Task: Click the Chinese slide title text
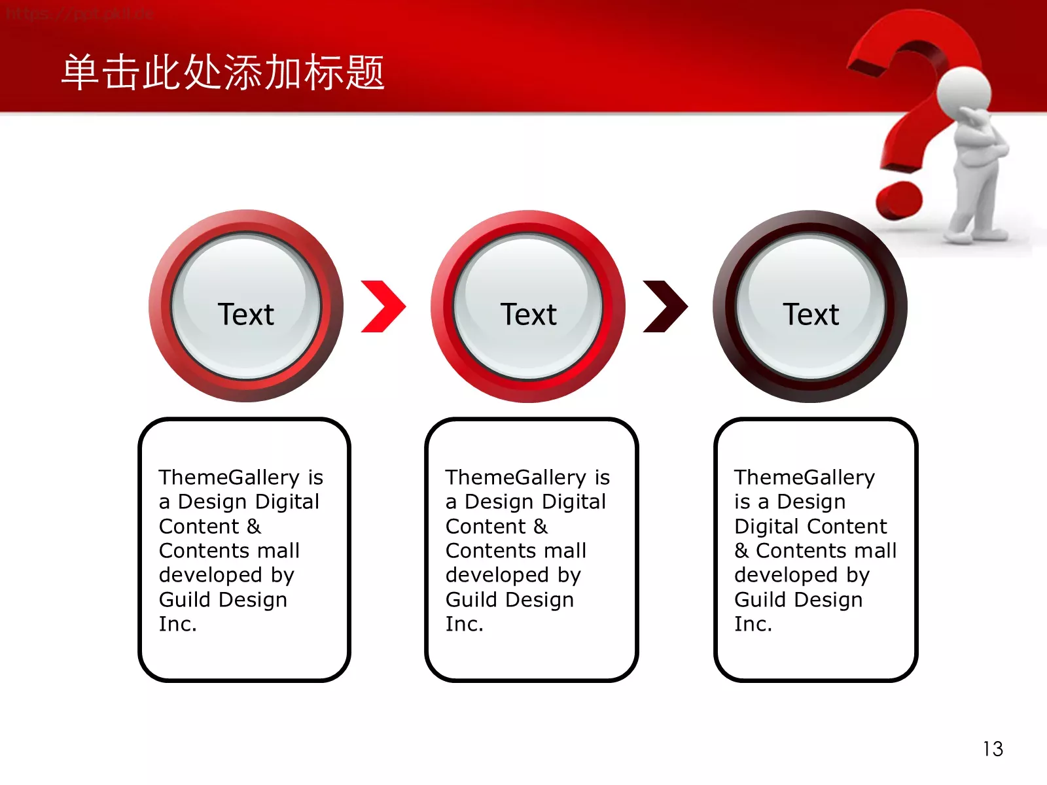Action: (223, 72)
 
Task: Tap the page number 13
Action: (992, 748)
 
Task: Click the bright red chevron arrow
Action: (384, 306)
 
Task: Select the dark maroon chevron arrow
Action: (665, 306)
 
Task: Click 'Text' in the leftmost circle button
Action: (245, 315)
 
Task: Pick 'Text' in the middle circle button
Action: (528, 315)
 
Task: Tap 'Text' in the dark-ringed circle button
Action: (811, 315)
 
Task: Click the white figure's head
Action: (964, 92)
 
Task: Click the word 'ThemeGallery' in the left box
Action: (229, 477)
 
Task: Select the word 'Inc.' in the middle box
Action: (464, 624)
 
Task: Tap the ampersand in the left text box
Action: (254, 526)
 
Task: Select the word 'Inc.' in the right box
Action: (753, 624)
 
